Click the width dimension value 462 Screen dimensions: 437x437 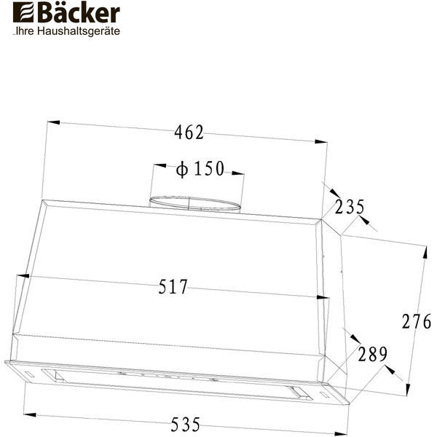189,133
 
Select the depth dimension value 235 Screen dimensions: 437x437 350,207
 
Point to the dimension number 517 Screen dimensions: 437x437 173,287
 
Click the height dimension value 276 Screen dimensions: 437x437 417,320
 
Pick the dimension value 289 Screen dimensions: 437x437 371,355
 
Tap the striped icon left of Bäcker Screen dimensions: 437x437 22,15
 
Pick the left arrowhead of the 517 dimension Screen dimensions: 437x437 21,277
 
